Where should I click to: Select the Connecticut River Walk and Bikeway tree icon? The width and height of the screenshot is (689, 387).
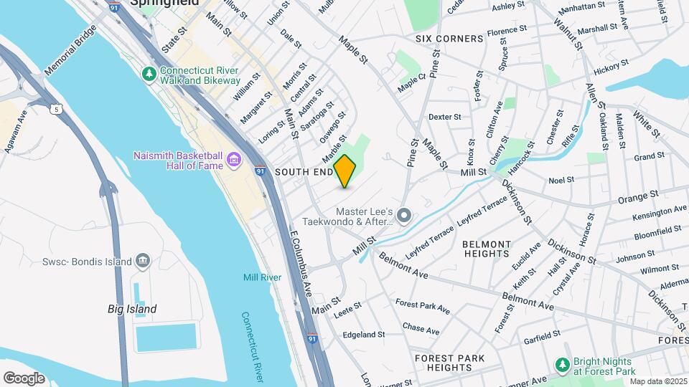[x=149, y=73]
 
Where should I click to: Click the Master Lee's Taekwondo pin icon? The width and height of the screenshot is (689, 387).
[x=404, y=215]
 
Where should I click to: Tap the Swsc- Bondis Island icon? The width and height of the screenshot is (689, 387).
[x=142, y=261]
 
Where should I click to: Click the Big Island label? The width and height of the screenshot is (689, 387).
[x=132, y=309]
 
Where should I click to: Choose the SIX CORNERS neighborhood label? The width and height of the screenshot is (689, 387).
[x=449, y=38]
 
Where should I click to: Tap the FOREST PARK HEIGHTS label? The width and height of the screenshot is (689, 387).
[x=449, y=363]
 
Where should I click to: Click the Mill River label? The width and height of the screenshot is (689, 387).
[x=261, y=277]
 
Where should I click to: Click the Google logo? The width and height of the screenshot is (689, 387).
[x=24, y=378]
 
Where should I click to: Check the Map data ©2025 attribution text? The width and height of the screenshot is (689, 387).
[x=658, y=381]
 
